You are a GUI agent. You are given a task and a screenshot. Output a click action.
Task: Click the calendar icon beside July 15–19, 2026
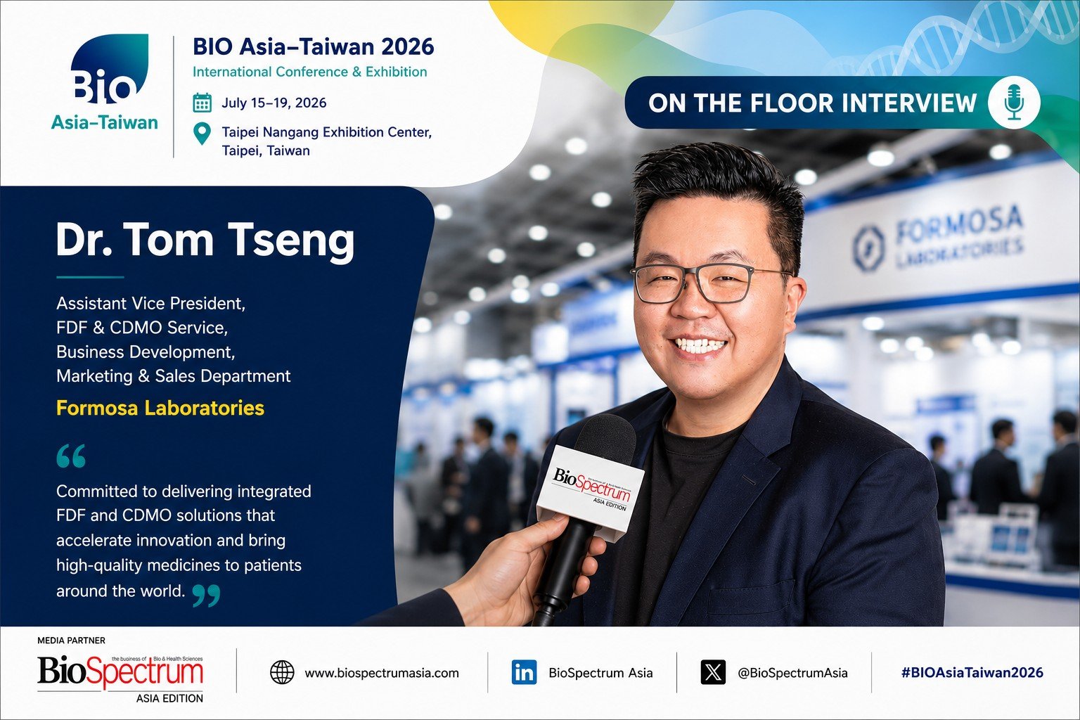pyautogui.click(x=202, y=103)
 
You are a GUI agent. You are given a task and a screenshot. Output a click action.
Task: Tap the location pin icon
pyautogui.click(x=202, y=134)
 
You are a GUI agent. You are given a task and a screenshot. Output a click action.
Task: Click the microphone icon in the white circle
pyautogui.click(x=1014, y=102)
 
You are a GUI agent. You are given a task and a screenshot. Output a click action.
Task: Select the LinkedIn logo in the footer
pyautogui.click(x=524, y=672)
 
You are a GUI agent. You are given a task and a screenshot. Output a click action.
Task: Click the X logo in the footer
pyautogui.click(x=713, y=672)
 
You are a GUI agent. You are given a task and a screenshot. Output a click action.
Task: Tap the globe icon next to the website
pyautogui.click(x=282, y=672)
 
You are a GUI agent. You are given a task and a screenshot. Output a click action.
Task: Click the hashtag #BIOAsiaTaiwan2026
pyautogui.click(x=972, y=672)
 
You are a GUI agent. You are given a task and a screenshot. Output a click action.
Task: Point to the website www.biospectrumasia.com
pyautogui.click(x=382, y=673)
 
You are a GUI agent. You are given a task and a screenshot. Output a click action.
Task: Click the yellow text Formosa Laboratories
pyautogui.click(x=160, y=408)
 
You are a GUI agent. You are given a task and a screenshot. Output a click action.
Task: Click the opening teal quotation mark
pyautogui.click(x=71, y=456)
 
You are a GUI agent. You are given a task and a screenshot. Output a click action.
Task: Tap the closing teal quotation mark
pyautogui.click(x=206, y=595)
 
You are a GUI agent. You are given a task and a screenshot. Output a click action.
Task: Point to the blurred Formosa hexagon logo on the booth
pyautogui.click(x=869, y=248)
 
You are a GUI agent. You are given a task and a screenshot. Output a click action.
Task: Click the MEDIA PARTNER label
pyautogui.click(x=71, y=641)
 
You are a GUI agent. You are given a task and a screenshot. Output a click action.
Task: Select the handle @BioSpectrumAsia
pyautogui.click(x=792, y=673)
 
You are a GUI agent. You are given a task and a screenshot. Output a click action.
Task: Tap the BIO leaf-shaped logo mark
pyautogui.click(x=110, y=68)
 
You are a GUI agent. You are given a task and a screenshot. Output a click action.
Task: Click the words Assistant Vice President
pyautogui.click(x=151, y=303)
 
